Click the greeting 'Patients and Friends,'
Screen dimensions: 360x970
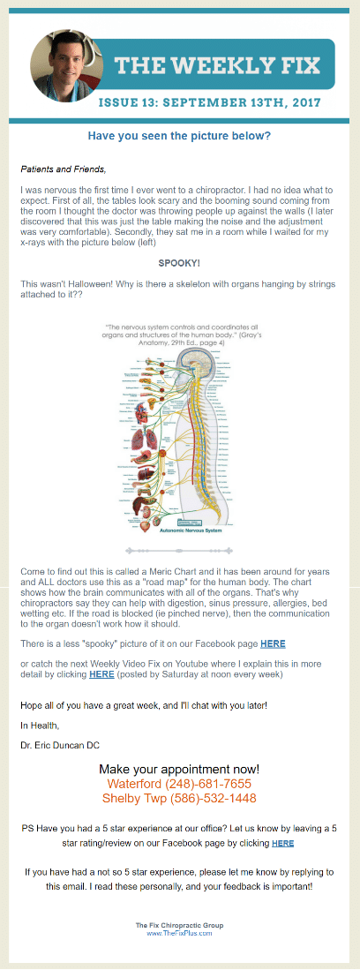point(63,169)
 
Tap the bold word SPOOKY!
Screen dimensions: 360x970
point(179,238)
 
